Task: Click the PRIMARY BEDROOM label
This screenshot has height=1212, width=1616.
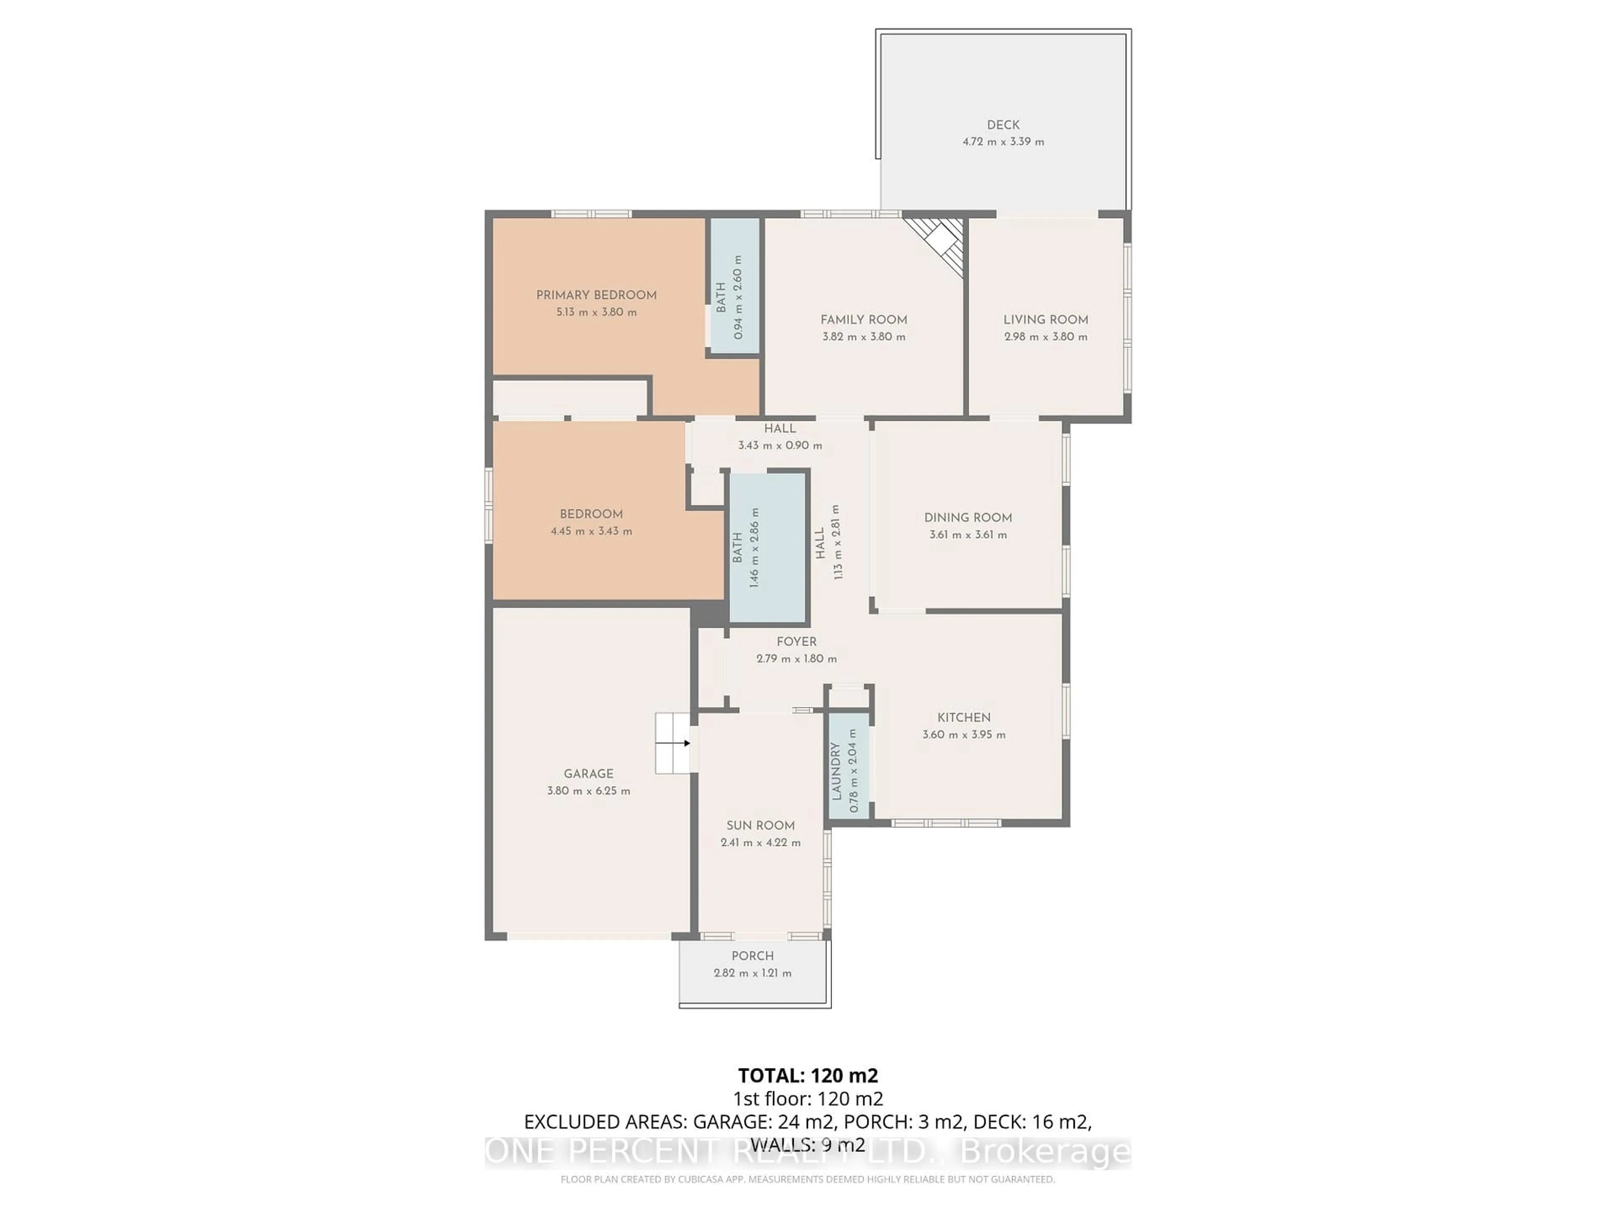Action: click(x=596, y=295)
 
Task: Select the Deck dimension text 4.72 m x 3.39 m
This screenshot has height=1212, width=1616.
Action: click(x=1003, y=142)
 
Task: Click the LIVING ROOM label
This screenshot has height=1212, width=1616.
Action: click(x=1045, y=319)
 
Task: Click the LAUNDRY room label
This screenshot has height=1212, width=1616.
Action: click(x=837, y=771)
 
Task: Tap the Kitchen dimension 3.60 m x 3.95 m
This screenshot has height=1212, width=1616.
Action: click(x=964, y=735)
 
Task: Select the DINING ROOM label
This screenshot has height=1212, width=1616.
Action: click(x=968, y=517)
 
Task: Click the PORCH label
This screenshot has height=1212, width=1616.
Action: click(x=752, y=956)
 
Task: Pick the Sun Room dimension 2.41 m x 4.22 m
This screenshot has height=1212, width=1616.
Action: click(x=760, y=843)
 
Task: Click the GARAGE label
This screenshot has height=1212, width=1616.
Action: click(x=588, y=773)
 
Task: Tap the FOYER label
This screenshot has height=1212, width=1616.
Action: click(x=796, y=641)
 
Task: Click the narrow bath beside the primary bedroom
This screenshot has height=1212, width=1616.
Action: click(x=734, y=287)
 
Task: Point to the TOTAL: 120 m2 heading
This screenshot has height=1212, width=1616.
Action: click(x=808, y=1075)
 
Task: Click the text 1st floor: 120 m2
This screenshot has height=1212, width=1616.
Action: click(x=808, y=1098)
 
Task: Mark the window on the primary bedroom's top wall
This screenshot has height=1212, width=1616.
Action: click(x=591, y=214)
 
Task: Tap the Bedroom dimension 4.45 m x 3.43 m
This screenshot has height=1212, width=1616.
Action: click(x=591, y=531)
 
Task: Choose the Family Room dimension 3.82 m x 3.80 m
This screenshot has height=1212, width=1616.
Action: click(x=864, y=337)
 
